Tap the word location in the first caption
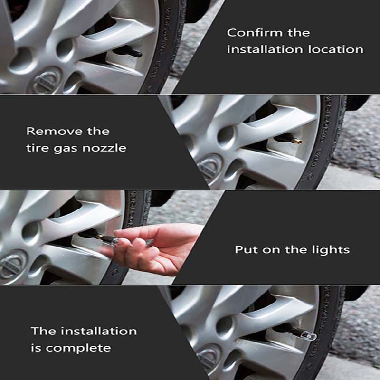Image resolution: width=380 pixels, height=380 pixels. (336, 49)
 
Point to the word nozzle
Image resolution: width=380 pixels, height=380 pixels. (104, 148)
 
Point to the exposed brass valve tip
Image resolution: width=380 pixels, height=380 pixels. (297, 141)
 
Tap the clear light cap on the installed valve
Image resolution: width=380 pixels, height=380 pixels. (310, 336)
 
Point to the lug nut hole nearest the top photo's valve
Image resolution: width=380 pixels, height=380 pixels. (65, 47)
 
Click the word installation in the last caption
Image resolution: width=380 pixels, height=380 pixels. (99, 331)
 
